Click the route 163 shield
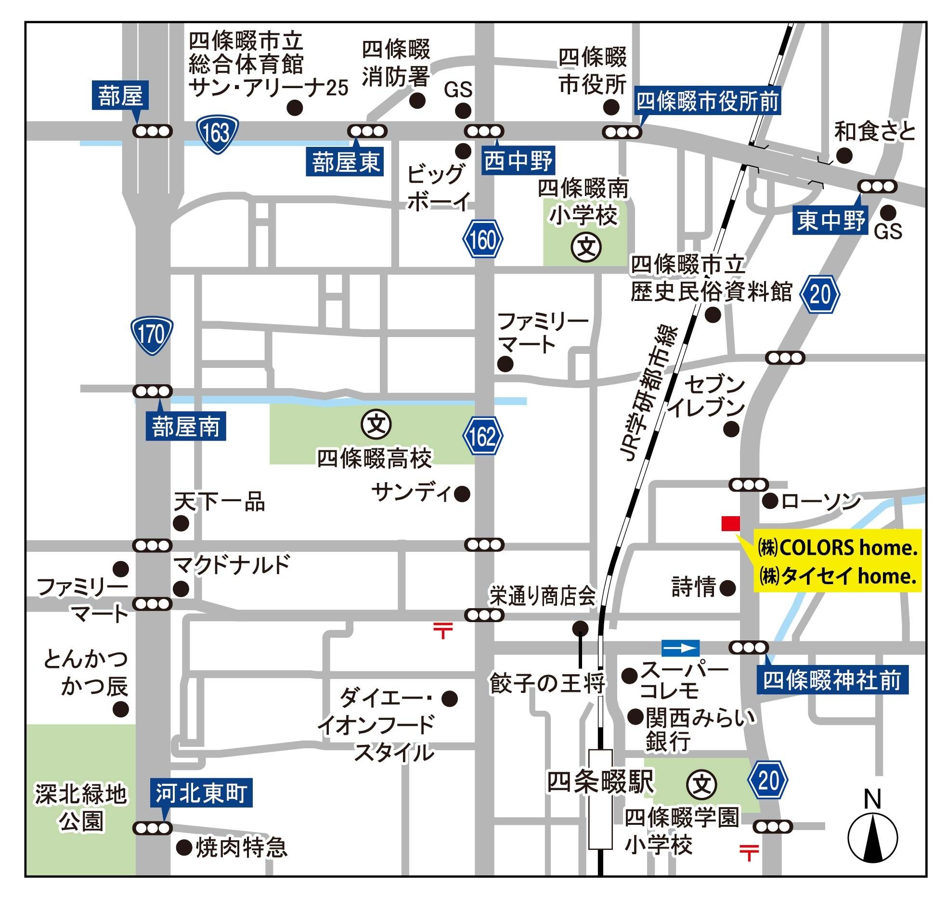(x=217, y=134)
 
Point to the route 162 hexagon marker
(x=483, y=436)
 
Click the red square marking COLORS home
(x=730, y=523)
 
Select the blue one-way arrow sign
(x=680, y=648)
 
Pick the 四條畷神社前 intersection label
(x=832, y=680)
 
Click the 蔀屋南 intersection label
(x=186, y=427)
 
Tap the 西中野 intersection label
(x=518, y=160)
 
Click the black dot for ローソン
(x=770, y=501)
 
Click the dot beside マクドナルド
(x=181, y=588)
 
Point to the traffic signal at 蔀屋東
(x=367, y=131)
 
